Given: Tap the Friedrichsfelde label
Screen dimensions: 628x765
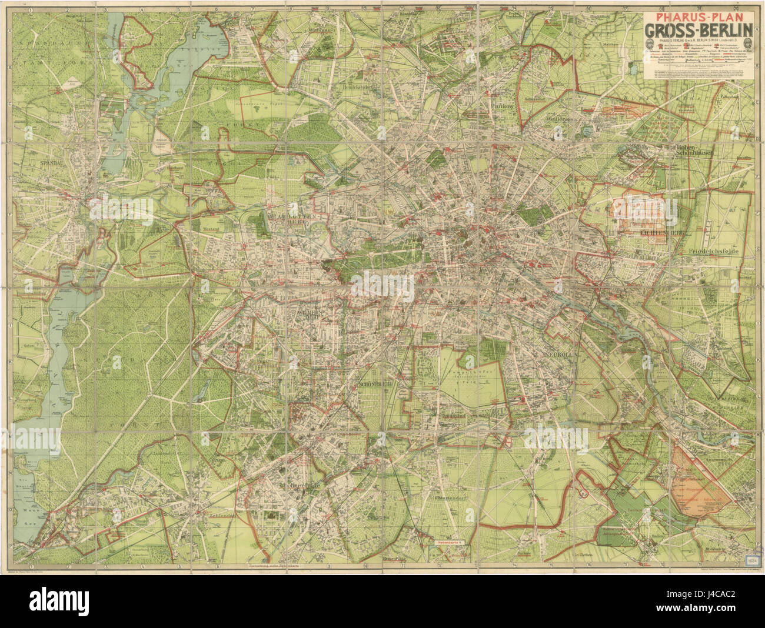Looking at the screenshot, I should point(711,250).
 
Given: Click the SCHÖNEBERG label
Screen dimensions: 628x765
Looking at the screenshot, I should point(375,385).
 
